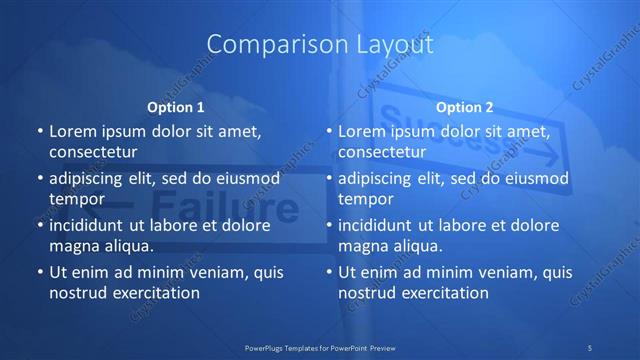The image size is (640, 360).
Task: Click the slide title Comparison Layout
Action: pyautogui.click(x=320, y=45)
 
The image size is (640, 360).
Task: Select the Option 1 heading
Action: pyautogui.click(x=176, y=107)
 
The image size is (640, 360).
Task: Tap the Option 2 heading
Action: pyautogui.click(x=465, y=107)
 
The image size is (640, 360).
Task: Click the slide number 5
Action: pyautogui.click(x=591, y=347)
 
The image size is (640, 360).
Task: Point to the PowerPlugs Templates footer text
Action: pyautogui.click(x=320, y=347)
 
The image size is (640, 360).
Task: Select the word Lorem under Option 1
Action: pyautogui.click(x=72, y=131)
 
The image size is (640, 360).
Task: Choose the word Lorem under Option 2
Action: pyautogui.click(x=362, y=131)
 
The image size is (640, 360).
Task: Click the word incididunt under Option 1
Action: pyautogui.click(x=91, y=225)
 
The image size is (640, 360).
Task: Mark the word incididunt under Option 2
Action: pyautogui.click(x=381, y=225)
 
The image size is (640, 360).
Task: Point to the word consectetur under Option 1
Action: pyautogui.click(x=93, y=152)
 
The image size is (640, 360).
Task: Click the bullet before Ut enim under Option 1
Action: pyautogui.click(x=39, y=272)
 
